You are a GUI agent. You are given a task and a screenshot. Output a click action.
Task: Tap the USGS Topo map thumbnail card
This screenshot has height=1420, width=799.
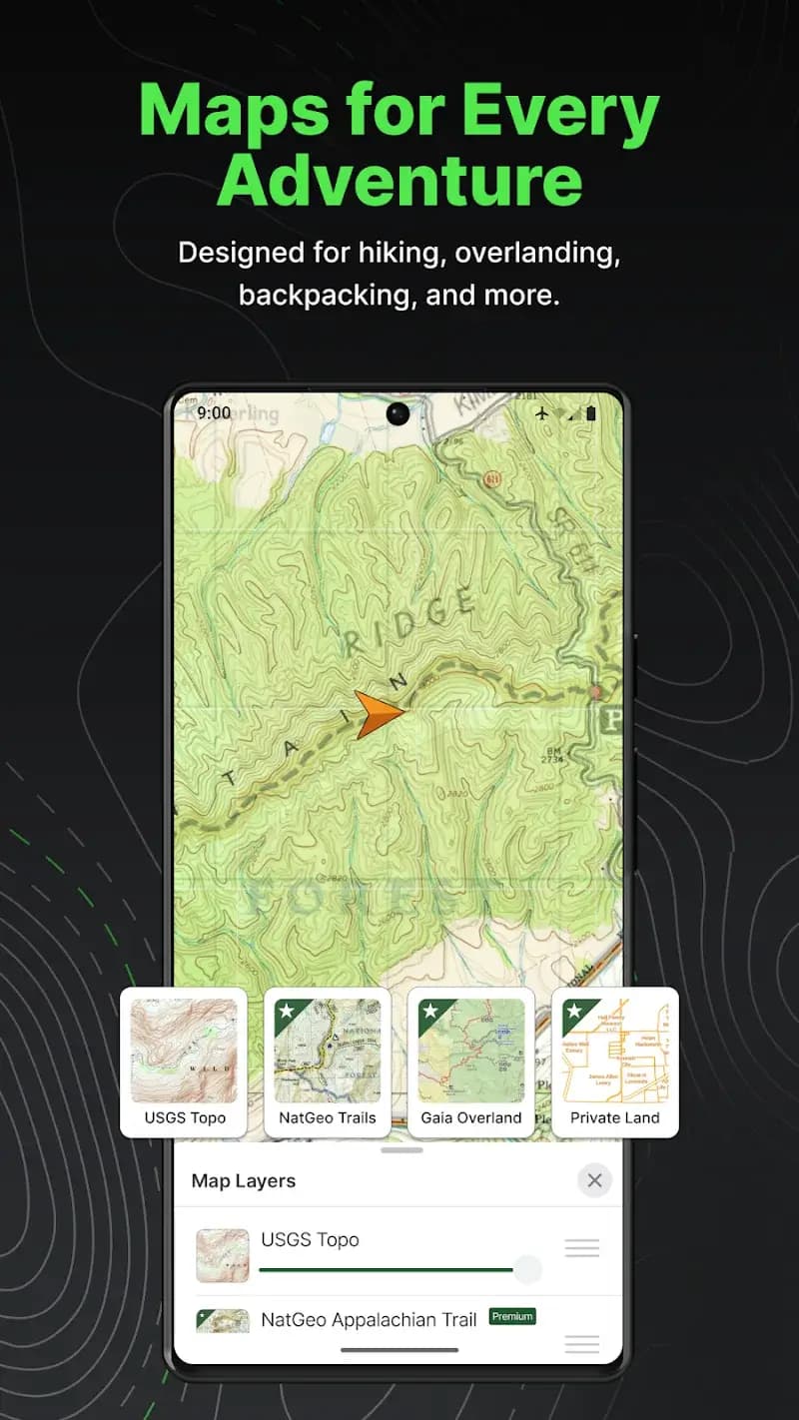[184, 1063]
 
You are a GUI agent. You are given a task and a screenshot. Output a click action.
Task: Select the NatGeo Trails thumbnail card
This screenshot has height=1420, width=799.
[328, 1063]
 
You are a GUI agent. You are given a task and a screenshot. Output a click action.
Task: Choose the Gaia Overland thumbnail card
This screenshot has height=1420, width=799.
[471, 1063]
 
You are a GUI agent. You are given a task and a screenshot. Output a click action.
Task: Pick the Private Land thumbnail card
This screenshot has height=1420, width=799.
[615, 1063]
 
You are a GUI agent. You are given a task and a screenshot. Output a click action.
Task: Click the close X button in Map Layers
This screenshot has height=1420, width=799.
[594, 1180]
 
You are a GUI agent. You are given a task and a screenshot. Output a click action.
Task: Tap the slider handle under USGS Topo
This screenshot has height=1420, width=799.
[527, 1269]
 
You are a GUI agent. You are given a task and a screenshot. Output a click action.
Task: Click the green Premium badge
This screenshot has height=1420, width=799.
[512, 1316]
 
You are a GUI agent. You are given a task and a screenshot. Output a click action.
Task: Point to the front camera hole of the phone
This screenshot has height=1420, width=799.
[398, 413]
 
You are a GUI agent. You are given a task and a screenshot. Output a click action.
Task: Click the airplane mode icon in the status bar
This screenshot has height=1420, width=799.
[542, 412]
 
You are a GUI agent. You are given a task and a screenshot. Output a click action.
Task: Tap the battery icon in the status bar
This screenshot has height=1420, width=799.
[590, 412]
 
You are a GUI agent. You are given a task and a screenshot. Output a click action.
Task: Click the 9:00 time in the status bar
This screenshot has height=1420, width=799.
[214, 412]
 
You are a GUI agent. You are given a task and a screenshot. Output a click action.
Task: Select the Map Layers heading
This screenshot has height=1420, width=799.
[244, 1180]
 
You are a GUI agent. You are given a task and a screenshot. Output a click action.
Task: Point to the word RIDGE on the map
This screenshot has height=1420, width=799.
[409, 624]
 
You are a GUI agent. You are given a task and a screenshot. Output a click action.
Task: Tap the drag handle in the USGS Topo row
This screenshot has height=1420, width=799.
[582, 1247]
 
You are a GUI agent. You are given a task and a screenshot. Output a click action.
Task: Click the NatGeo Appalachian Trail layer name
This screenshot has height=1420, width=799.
[368, 1319]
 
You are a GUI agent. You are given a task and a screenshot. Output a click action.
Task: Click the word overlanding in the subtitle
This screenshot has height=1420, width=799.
[537, 253]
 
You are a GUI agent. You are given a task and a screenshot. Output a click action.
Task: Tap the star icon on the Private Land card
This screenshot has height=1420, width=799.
[573, 1011]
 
